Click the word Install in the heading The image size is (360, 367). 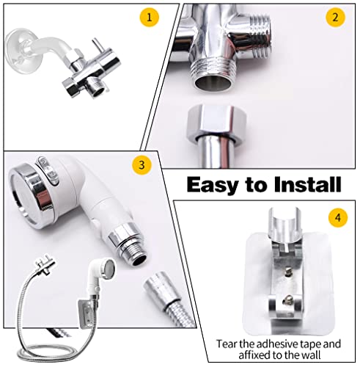(x=306, y=185)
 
